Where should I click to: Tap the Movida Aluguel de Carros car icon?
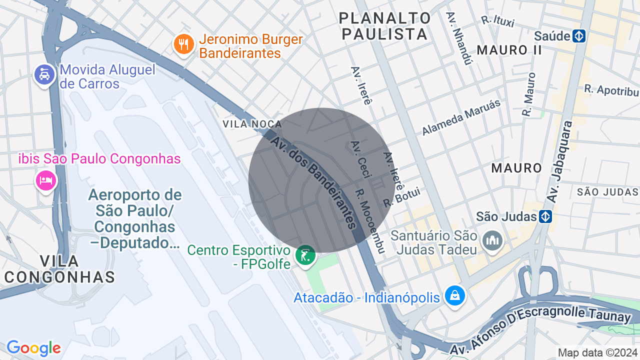tap(44, 75)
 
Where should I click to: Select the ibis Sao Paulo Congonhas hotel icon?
tap(45, 179)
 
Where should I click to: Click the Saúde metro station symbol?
tap(579, 36)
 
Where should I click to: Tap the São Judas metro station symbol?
tap(545, 216)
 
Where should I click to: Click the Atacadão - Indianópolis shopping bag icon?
tap(455, 295)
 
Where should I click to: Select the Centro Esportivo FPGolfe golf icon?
tap(305, 255)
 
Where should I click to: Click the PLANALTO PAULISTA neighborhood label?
tap(384, 26)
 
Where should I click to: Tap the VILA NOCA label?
tap(252, 124)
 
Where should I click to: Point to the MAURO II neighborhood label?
tap(509, 50)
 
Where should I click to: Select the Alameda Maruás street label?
tap(461, 117)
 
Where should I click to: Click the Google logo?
tap(33, 348)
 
